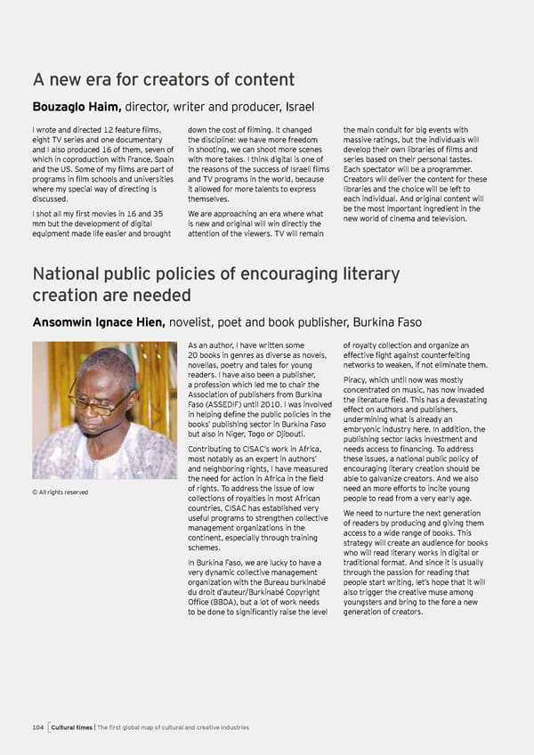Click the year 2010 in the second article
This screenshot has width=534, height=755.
[x=291, y=404]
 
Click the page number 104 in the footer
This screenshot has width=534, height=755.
[x=36, y=727]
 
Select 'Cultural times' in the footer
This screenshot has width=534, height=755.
[x=72, y=727]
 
